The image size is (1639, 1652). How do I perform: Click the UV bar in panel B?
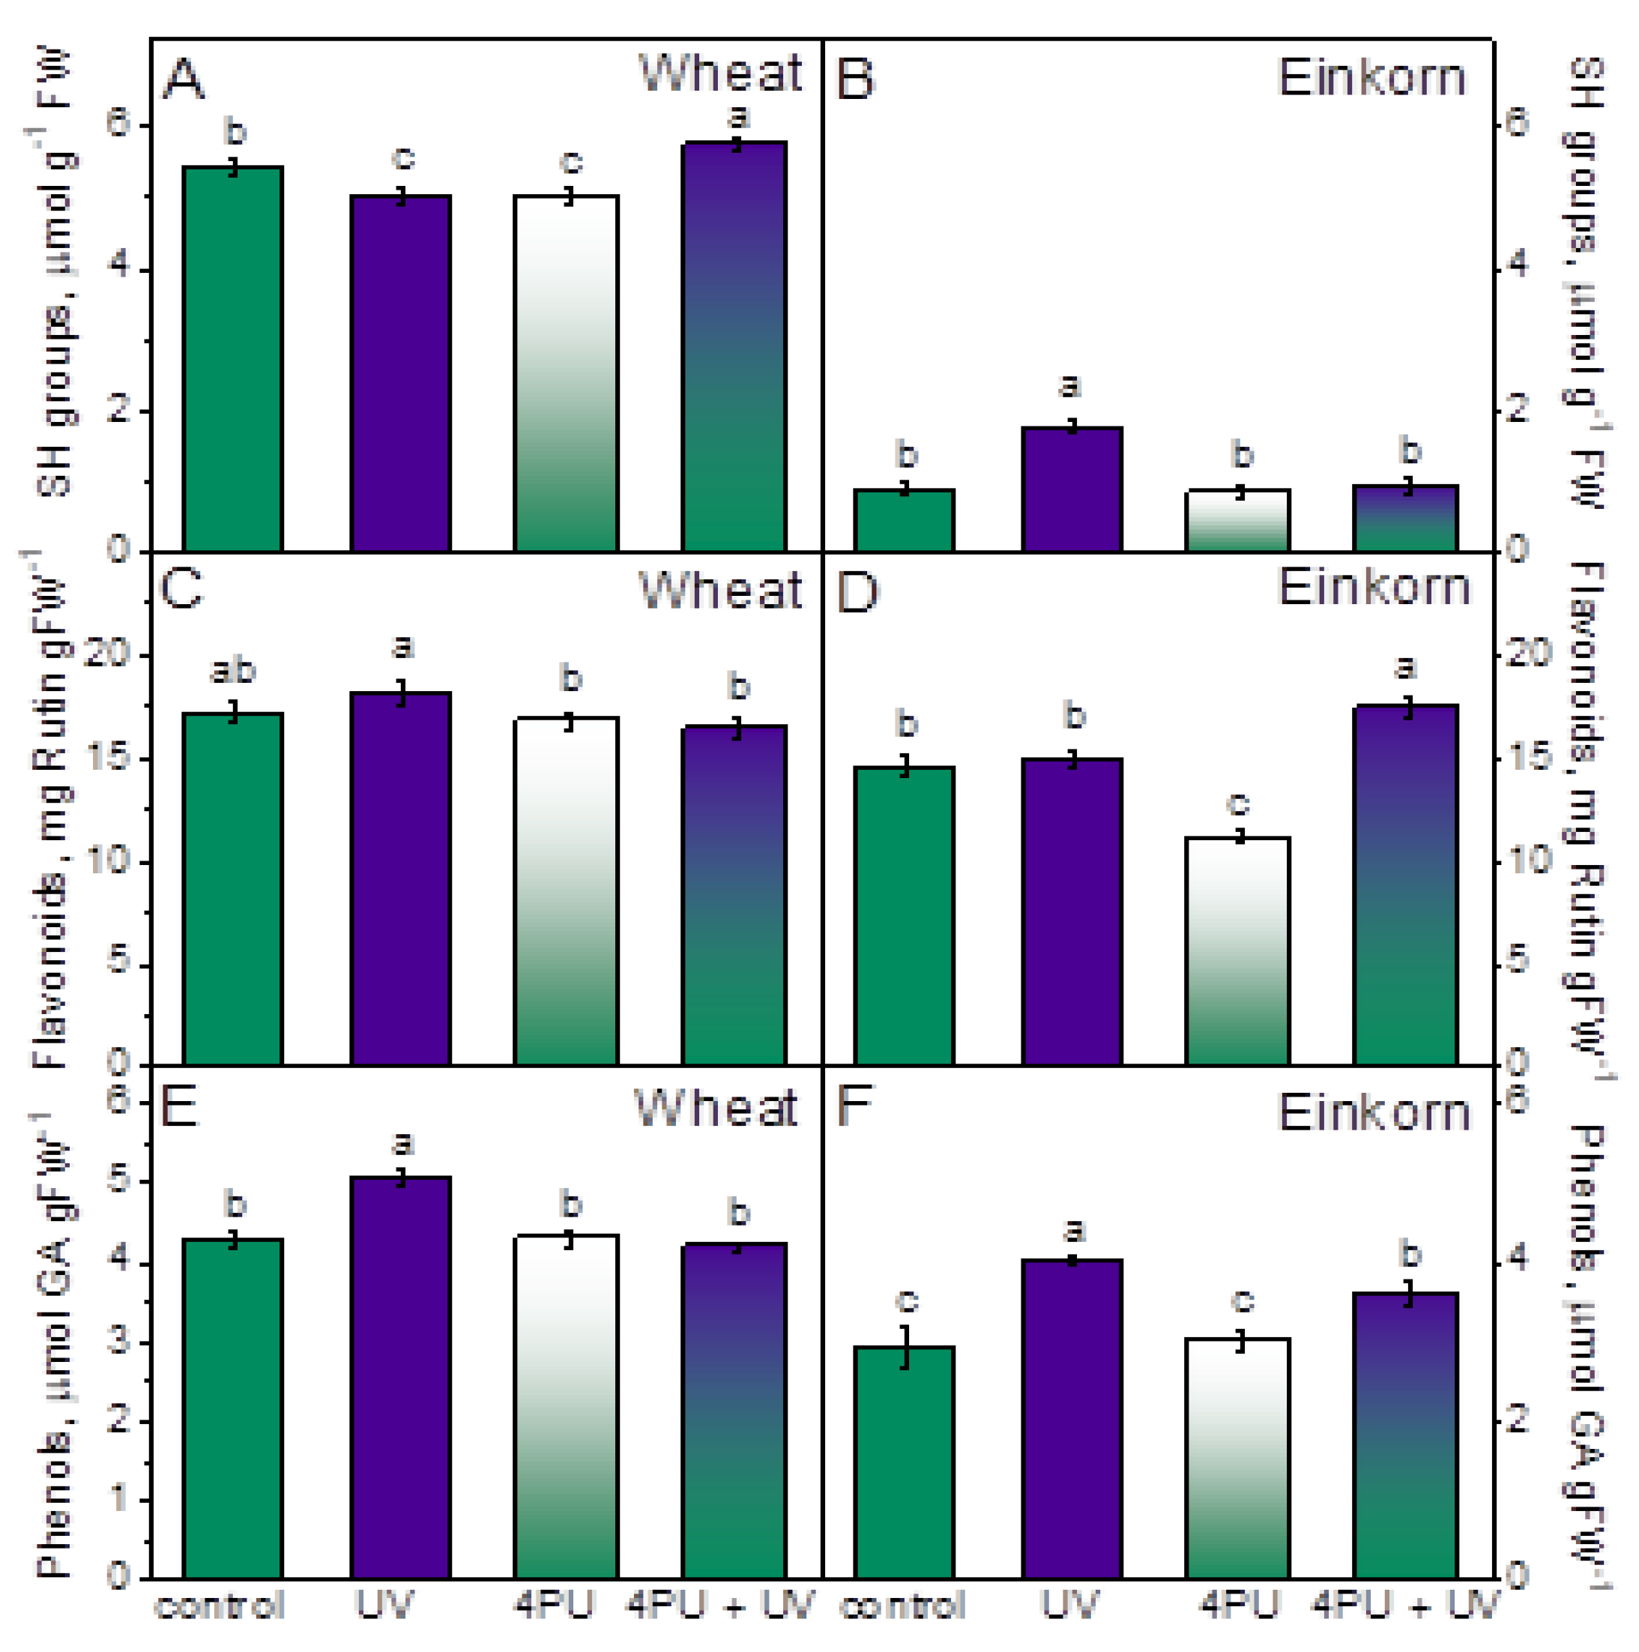point(1071,489)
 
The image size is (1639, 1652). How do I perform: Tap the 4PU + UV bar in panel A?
point(734,346)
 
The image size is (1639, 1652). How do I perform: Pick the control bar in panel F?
point(904,1462)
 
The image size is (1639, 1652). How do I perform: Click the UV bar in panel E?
point(400,1378)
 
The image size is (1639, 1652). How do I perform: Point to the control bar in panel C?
point(232,889)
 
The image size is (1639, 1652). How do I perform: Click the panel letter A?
point(183,80)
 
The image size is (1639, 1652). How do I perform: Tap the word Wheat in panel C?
point(720,591)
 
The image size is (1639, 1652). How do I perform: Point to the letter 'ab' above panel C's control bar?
point(232,672)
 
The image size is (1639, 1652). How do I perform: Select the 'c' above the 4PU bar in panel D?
point(1237,803)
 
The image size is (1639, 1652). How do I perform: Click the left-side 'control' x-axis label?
point(219,1606)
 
